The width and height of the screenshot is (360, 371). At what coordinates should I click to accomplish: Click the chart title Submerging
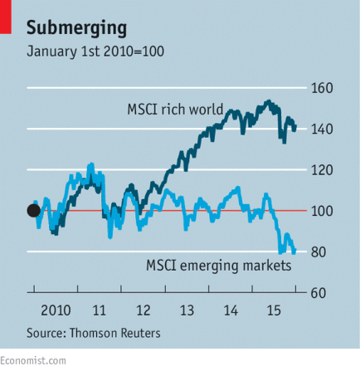pyautogui.click(x=76, y=27)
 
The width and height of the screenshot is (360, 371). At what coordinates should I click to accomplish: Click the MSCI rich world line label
pyautogui.click(x=175, y=110)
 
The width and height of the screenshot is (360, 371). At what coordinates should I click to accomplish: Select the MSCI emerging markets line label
pyautogui.click(x=218, y=266)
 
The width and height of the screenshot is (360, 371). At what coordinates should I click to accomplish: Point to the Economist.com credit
pyautogui.click(x=33, y=360)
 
